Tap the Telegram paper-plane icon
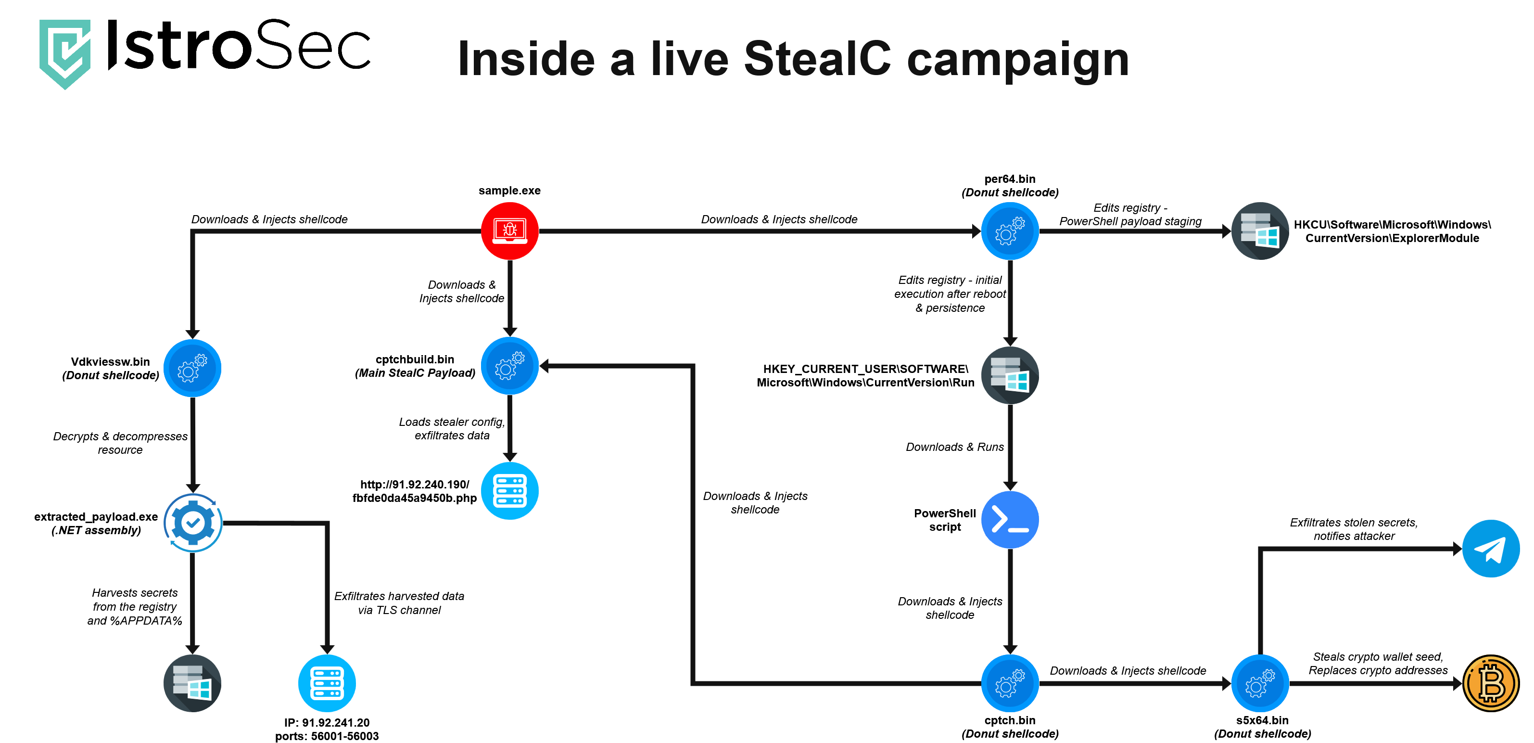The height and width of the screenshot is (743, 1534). (1491, 548)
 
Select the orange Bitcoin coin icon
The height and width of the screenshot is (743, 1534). (1491, 683)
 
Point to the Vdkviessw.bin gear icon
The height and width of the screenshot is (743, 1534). (192, 368)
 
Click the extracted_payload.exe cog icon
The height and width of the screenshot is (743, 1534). (192, 523)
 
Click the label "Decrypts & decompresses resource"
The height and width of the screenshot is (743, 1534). (120, 443)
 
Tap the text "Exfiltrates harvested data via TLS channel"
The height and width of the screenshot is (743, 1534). (399, 602)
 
